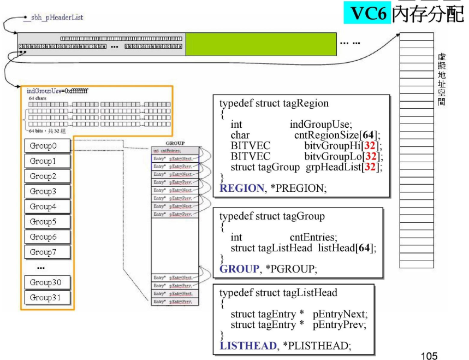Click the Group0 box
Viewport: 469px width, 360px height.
pyautogui.click(x=48, y=146)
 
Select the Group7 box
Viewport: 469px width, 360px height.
pyautogui.click(x=48, y=252)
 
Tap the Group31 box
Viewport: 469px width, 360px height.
pyautogui.click(x=48, y=297)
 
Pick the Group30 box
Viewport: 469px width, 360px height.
pyautogui.click(x=48, y=282)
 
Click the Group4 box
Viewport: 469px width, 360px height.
pyautogui.click(x=48, y=206)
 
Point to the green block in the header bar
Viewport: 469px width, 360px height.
pyautogui.click(x=260, y=44)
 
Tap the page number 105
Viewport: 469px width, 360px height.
pyautogui.click(x=430, y=356)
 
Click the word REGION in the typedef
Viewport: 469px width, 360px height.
pyautogui.click(x=241, y=188)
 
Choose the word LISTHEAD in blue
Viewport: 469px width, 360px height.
pyautogui.click(x=246, y=346)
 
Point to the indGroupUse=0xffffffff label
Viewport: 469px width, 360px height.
pyautogui.click(x=57, y=91)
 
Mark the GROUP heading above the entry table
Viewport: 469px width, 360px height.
pyautogui.click(x=175, y=143)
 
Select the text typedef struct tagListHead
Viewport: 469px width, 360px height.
pyautogui.click(x=278, y=293)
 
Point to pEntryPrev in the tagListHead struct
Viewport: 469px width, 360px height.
pyautogui.click(x=340, y=324)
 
